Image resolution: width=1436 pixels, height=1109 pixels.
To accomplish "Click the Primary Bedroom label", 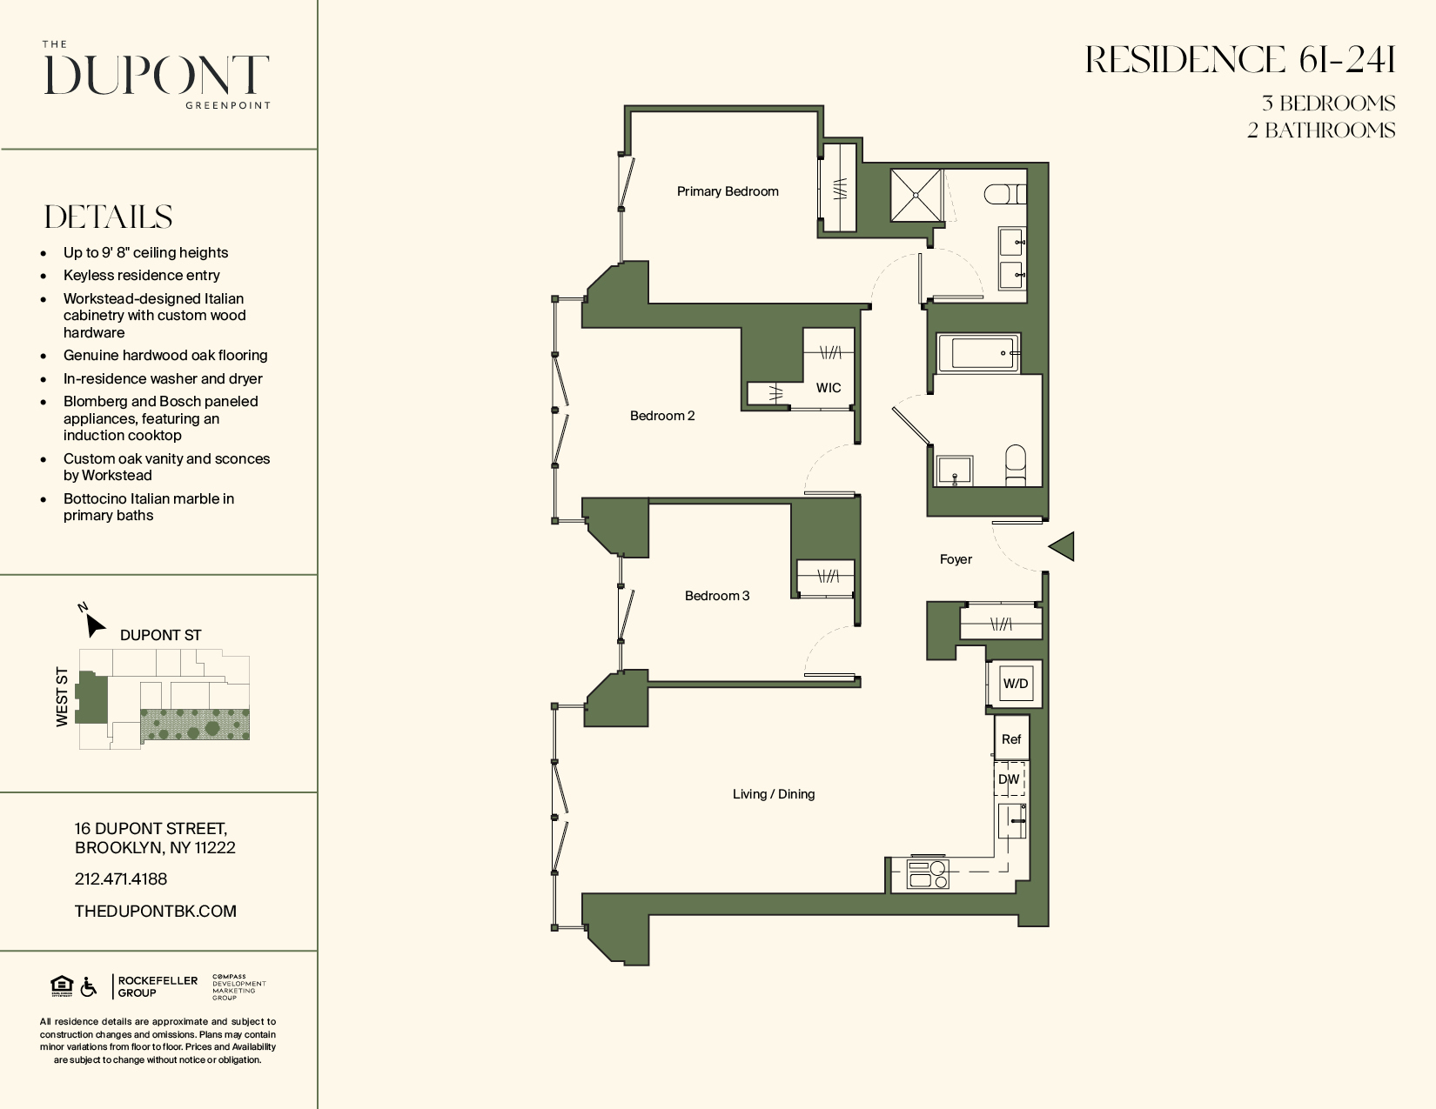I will pos(728,191).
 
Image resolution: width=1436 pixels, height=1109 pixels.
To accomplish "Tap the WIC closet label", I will pos(828,388).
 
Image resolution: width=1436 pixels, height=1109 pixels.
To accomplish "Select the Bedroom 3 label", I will pos(716,596).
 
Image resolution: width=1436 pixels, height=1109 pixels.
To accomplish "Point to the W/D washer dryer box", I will pos(1015,684).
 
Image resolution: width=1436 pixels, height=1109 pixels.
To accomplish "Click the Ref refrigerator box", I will pos(1010,739).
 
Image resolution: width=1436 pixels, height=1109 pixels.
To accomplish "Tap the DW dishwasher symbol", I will pos(1009,779).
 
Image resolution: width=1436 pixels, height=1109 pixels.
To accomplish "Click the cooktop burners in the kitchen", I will pos(928,873).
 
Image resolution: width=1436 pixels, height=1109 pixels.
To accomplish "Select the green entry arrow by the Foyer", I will pos(1063,546).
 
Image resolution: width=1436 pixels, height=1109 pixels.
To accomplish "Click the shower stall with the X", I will pos(916,196).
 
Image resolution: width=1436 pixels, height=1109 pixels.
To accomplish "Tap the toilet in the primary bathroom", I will pos(1004,193).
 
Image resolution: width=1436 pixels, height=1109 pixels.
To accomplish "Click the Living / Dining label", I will pos(773,794).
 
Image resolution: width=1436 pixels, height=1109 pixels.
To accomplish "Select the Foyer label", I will pos(955,559).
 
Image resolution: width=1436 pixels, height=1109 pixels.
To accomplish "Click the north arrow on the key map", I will pos(93,623).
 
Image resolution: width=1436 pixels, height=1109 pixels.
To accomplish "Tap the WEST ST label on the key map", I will pos(62,697).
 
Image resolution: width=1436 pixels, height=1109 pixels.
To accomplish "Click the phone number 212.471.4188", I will pos(121,879).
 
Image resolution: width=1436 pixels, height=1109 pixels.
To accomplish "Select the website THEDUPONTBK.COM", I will pos(156,912).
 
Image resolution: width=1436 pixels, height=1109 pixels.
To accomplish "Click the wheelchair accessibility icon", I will pos(89,987).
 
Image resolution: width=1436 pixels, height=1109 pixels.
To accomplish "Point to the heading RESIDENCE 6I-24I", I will pos(1240,61).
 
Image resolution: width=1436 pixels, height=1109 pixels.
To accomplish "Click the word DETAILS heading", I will pos(109,217).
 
